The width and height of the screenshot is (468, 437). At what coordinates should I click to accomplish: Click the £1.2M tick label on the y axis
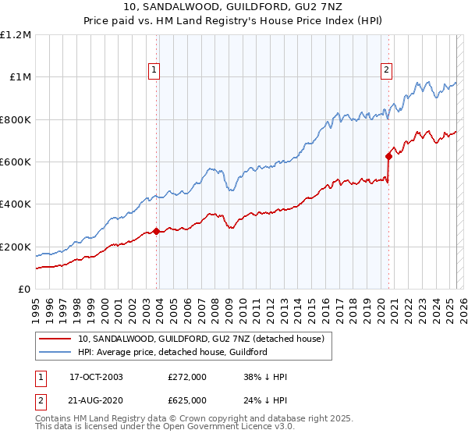point(16,34)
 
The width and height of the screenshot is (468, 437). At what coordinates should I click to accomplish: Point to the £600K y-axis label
point(16,162)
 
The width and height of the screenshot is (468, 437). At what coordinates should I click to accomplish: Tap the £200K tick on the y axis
point(16,247)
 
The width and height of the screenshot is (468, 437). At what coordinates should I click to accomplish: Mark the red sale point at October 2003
point(157,231)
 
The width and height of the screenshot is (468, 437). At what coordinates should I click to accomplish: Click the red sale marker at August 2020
point(388,156)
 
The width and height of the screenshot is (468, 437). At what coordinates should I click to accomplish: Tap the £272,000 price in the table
point(188,377)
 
